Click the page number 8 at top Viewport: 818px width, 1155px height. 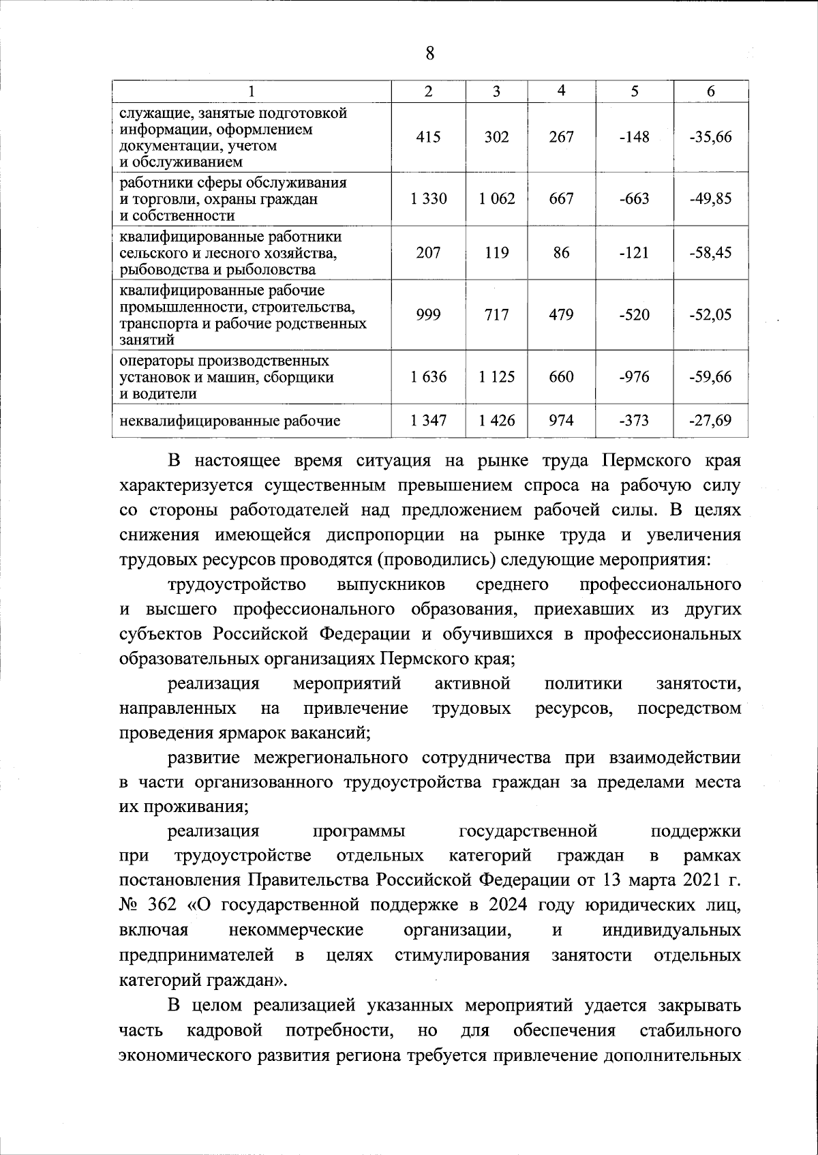coord(429,53)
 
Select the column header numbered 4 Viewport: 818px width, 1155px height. coord(561,91)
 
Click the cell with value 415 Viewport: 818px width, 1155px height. coord(428,137)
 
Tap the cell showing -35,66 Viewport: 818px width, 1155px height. coord(710,137)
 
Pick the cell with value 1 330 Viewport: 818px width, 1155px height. coord(428,199)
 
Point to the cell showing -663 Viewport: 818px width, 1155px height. coord(634,199)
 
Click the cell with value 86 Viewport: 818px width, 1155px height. coord(561,253)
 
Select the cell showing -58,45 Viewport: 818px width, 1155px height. coord(710,253)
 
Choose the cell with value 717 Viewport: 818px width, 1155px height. coord(497,315)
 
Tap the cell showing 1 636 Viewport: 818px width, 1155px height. coord(428,377)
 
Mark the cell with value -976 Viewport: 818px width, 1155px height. coord(634,377)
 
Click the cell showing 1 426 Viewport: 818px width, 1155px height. coord(497,421)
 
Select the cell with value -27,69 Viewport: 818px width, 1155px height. coord(710,421)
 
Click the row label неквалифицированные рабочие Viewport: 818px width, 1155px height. coord(230,421)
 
